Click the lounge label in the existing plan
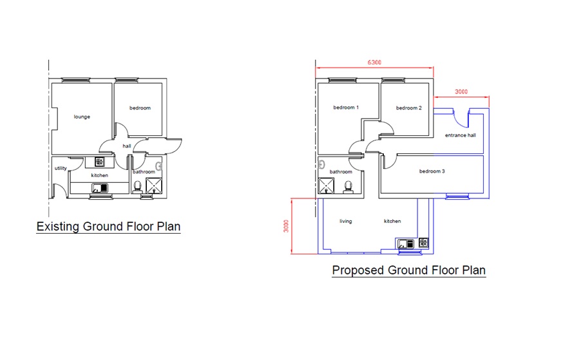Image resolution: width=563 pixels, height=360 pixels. [82, 117]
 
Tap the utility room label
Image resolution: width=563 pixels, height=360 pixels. [61, 168]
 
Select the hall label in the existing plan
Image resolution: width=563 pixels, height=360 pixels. [127, 146]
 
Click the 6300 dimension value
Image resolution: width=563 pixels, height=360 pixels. [374, 62]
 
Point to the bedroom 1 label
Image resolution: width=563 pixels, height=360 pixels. [346, 108]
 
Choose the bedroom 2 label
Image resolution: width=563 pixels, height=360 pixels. [408, 108]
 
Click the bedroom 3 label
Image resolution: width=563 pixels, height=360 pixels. [432, 171]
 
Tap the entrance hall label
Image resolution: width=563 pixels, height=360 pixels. [461, 135]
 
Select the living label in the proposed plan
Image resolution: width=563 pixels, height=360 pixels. [346, 221]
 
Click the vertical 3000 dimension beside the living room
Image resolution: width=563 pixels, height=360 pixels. [286, 226]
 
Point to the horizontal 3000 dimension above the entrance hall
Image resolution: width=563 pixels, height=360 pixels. [461, 92]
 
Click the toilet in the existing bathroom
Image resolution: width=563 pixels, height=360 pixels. [137, 187]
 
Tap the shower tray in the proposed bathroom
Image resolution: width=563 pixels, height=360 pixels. [326, 186]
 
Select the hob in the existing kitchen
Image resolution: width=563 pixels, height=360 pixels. [100, 162]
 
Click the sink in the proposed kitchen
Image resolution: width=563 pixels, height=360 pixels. [406, 244]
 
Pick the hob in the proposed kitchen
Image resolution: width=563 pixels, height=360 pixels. [424, 243]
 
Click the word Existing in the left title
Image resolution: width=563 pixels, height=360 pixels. [58, 227]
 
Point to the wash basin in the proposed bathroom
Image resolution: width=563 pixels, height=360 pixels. [321, 165]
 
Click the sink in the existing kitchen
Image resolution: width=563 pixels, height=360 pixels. [100, 187]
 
